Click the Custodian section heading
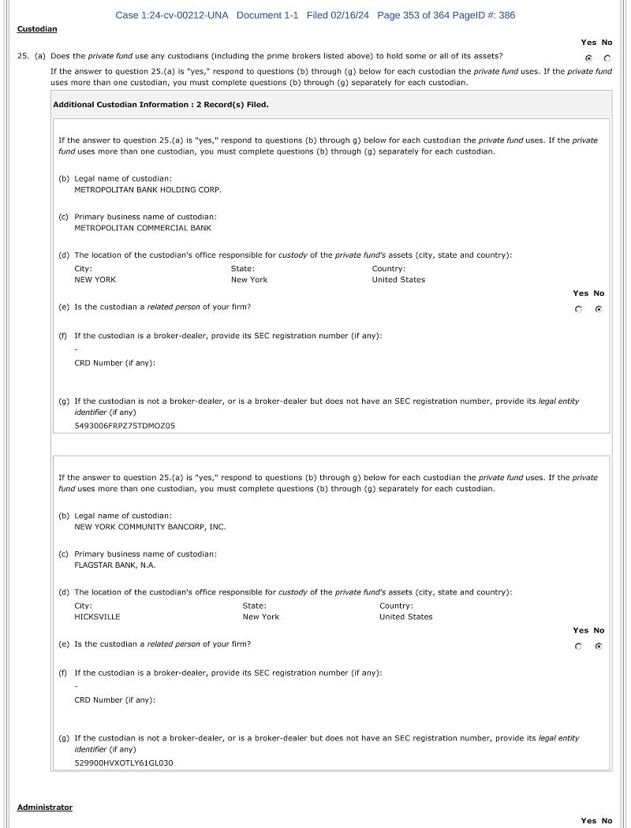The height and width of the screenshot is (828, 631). click(x=37, y=29)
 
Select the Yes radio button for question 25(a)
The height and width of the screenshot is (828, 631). click(x=588, y=58)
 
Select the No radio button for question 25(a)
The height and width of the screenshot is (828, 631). click(x=607, y=58)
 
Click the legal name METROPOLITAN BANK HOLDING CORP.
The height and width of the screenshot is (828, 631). click(x=147, y=190)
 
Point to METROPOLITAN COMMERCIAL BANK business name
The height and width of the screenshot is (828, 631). click(x=143, y=228)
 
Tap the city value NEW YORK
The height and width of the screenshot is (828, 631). click(x=95, y=280)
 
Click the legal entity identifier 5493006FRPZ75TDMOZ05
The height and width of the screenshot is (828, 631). click(x=125, y=426)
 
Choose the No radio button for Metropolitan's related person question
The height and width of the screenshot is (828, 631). click(x=599, y=309)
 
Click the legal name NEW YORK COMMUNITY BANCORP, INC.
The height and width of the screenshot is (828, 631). click(x=150, y=527)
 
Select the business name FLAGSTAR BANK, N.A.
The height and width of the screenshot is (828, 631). click(x=115, y=565)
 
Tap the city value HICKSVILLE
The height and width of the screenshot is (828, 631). click(x=97, y=617)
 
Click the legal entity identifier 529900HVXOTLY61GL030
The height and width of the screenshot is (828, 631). click(x=124, y=763)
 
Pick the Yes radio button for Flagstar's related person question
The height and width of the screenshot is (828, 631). click(x=579, y=647)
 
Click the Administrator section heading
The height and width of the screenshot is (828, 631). click(x=45, y=807)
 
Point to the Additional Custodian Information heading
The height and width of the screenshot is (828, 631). click(x=161, y=105)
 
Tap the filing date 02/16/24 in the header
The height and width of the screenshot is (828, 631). click(x=350, y=15)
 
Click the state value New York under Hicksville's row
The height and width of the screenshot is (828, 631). click(x=260, y=617)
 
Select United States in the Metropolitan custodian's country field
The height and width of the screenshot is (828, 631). click(x=398, y=280)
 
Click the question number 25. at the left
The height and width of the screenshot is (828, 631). click(x=23, y=57)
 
